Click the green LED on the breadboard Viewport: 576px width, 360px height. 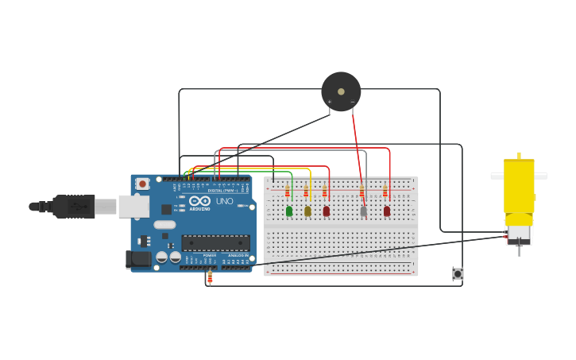(x=288, y=211)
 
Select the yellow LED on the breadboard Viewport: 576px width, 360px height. (x=307, y=211)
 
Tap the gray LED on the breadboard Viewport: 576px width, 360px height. (x=363, y=211)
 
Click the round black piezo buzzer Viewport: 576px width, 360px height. (x=341, y=91)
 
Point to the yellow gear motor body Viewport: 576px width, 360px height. (x=519, y=187)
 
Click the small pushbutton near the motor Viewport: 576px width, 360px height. (x=458, y=273)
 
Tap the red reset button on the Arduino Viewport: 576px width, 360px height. (x=142, y=184)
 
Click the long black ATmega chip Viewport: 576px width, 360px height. (x=215, y=242)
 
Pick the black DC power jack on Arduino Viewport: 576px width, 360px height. (x=138, y=259)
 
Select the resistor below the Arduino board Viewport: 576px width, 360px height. (x=210, y=277)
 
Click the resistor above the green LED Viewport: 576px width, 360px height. (x=287, y=192)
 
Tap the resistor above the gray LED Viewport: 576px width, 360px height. (x=361, y=192)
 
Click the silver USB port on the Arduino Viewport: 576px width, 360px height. (x=133, y=207)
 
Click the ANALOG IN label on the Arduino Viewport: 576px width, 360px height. (x=238, y=255)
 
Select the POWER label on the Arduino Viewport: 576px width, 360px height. (x=209, y=255)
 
